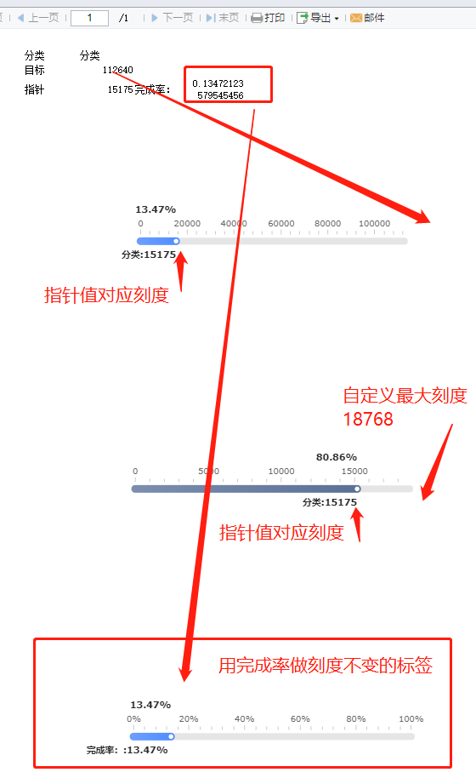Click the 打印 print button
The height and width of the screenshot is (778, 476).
coord(268,18)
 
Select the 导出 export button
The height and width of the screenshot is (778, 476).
coord(318,18)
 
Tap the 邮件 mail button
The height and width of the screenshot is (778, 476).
coord(367,18)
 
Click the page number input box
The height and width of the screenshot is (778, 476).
coord(89,18)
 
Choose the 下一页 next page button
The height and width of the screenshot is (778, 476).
coord(172,18)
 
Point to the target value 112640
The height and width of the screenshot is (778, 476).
coord(118,70)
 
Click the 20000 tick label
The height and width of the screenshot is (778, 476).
coord(187,223)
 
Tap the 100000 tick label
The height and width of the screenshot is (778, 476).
coord(375,223)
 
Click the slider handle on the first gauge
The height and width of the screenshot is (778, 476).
coord(176,241)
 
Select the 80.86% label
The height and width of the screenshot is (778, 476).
coord(337,457)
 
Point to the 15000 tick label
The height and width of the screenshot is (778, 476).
coord(354,471)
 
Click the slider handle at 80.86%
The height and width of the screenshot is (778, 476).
coord(357,489)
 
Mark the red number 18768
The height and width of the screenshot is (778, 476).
coord(368,420)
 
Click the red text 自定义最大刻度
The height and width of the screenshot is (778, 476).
coord(405,396)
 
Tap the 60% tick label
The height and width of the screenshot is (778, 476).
coord(300,718)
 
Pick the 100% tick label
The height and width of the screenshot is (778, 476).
coord(411,718)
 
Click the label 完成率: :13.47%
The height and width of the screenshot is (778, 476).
coord(127,750)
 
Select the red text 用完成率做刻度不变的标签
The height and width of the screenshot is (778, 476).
coord(326,666)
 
